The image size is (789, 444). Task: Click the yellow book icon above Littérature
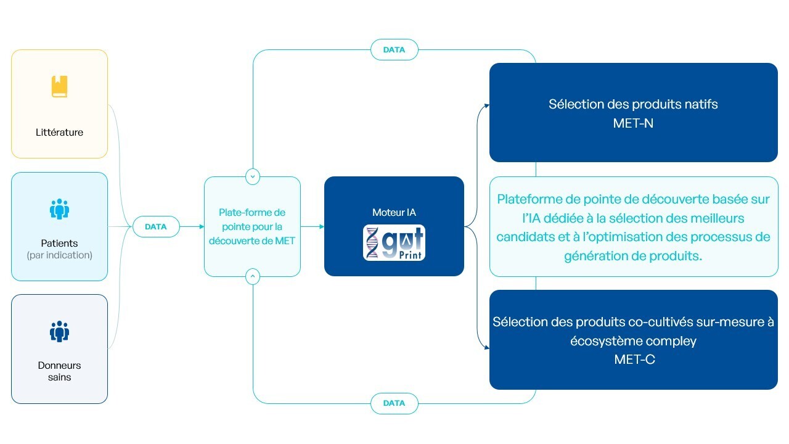pos(59,86)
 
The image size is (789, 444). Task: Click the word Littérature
pos(59,132)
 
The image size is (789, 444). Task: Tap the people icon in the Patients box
pos(59,210)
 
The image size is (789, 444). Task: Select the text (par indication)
pos(59,255)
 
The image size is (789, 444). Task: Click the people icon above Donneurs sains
pos(59,332)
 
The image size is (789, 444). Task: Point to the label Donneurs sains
pos(59,371)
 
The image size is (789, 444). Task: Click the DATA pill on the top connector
pos(394,50)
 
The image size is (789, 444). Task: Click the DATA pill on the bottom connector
pos(394,403)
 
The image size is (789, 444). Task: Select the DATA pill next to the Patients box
pos(155,227)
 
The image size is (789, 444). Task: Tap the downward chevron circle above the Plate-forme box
pos(252,176)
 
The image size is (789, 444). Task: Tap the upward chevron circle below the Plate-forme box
pos(252,277)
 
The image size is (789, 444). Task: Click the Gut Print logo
pos(394,243)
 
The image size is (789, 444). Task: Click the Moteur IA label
pos(394,213)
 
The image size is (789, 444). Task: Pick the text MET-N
pos(633,123)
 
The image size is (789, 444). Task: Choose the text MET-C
pos(634,360)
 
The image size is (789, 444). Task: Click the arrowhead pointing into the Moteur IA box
pos(321,227)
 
